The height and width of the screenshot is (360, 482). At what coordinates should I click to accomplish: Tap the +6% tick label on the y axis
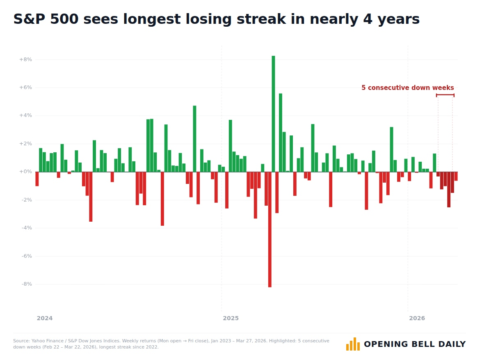[25, 88]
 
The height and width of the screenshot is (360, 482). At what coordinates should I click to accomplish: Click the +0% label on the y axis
[25, 172]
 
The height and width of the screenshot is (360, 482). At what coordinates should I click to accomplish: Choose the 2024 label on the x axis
[45, 319]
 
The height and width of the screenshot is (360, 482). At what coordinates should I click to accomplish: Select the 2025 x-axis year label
[231, 319]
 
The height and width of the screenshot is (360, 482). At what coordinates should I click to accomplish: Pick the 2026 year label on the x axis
[417, 319]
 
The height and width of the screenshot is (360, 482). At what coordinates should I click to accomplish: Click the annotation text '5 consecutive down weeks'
[407, 88]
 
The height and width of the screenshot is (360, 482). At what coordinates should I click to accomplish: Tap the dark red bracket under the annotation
[445, 95]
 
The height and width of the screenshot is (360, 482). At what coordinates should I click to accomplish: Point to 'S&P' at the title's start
[30, 19]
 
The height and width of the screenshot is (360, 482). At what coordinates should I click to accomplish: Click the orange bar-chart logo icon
[353, 344]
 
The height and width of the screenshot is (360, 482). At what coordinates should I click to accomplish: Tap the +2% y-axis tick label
[25, 144]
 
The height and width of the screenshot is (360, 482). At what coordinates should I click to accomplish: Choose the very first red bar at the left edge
[37, 179]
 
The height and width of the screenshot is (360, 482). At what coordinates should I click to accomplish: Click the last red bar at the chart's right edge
[456, 177]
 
